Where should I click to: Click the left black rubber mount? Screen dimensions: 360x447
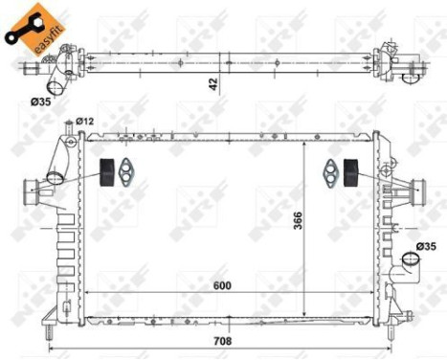pos(108,169)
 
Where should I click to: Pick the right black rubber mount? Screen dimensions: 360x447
pos(349,171)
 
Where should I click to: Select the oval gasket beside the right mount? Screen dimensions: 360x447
pos(329,172)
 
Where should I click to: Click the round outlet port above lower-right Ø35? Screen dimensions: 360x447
pos(411,259)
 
